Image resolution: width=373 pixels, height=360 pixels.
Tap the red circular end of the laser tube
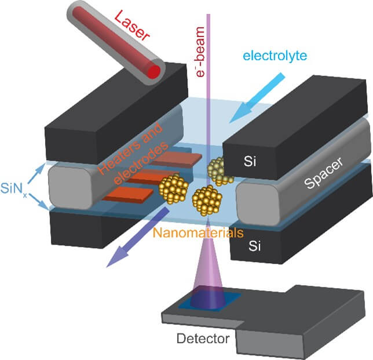point(153,71)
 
